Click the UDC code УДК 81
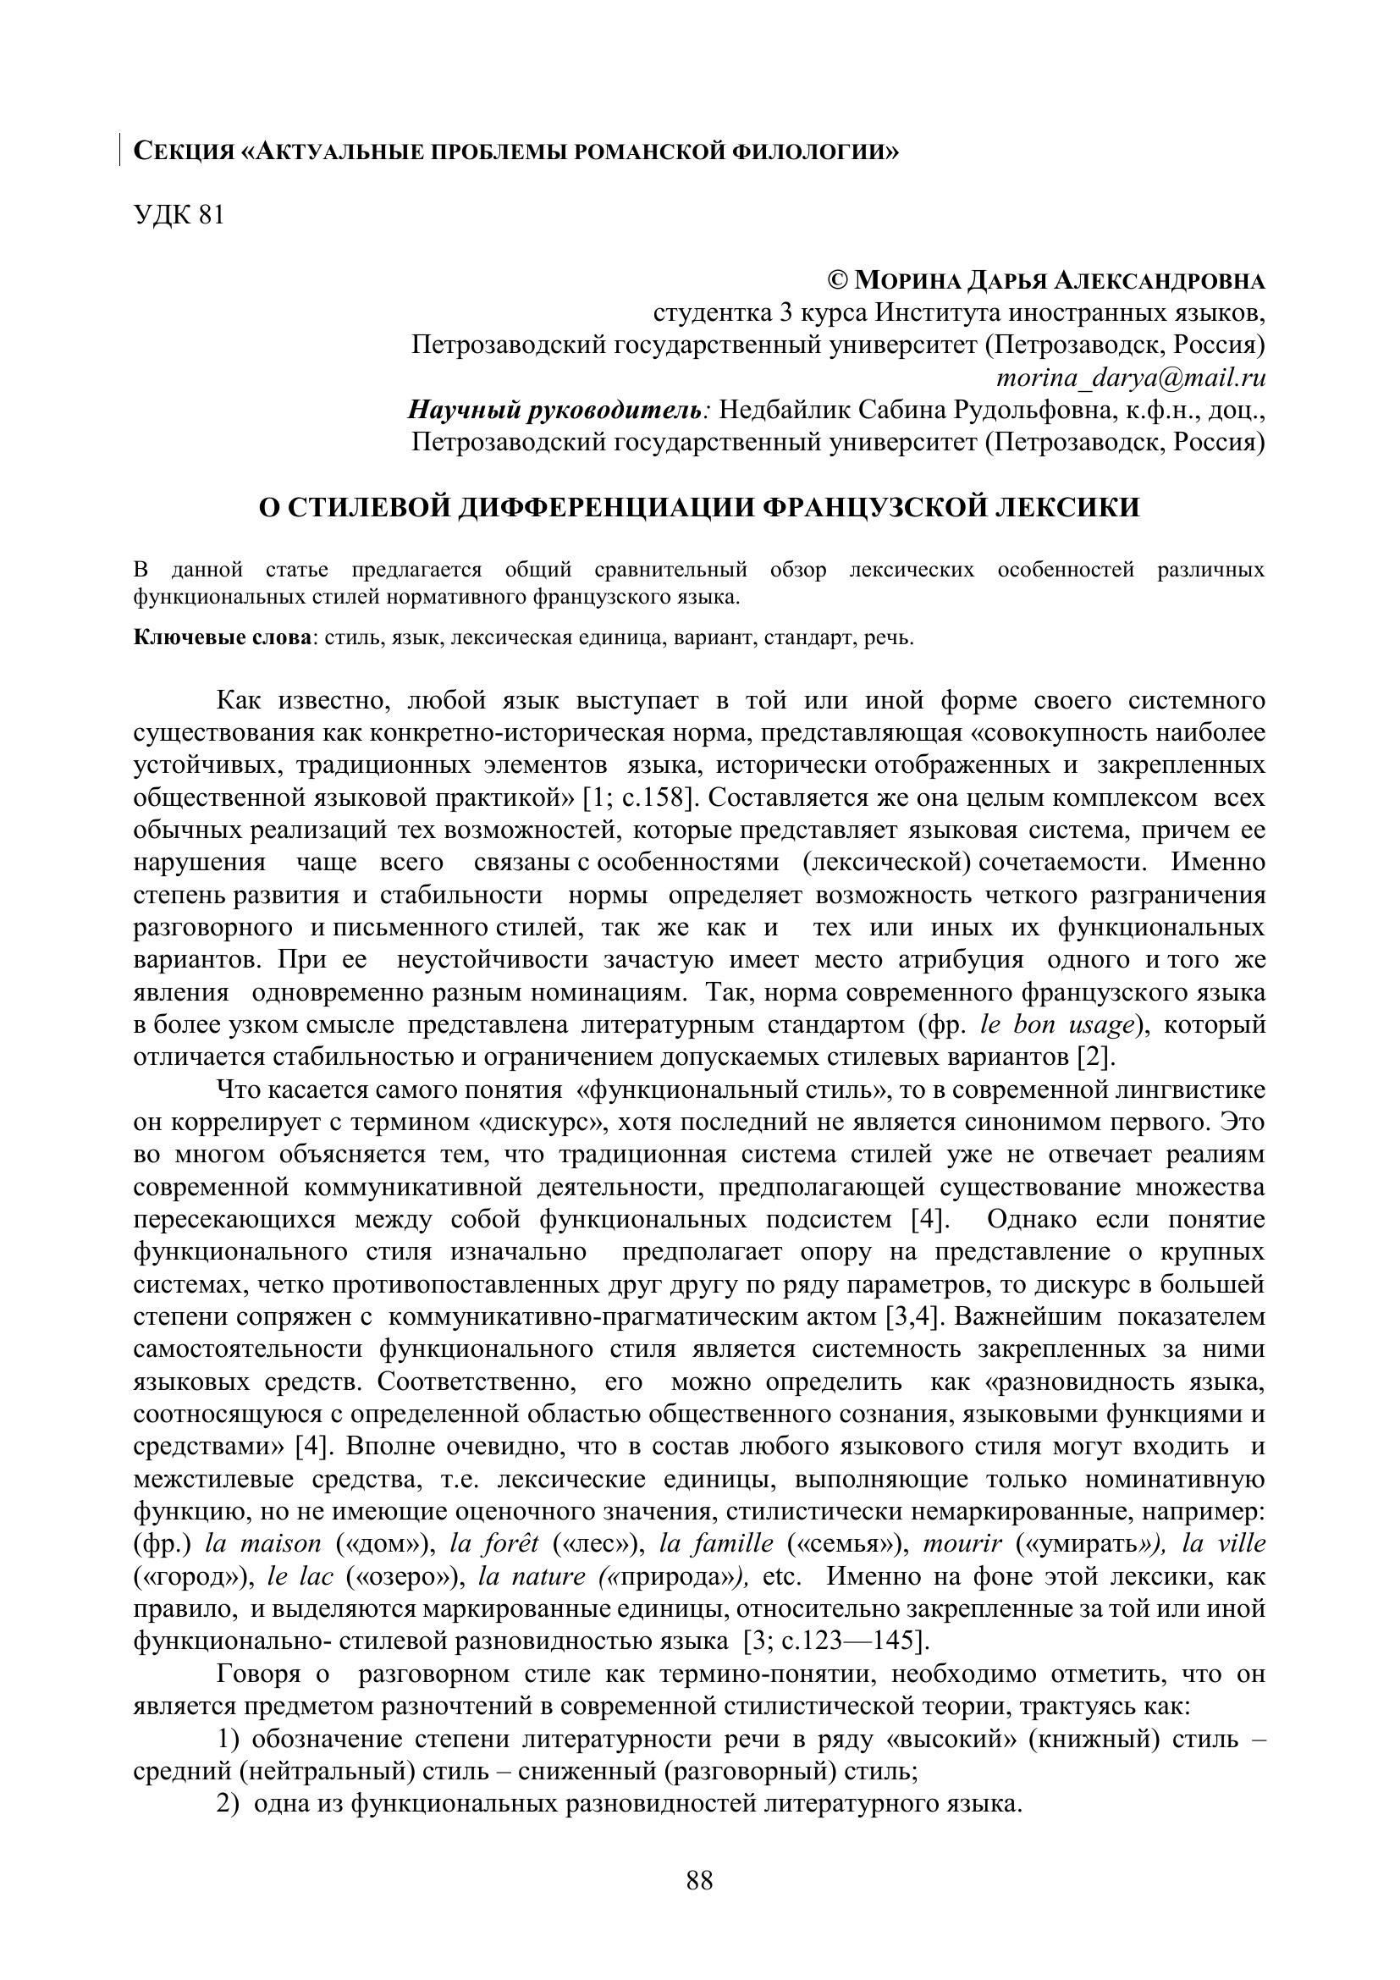tap(179, 216)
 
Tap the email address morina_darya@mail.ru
tap(1130, 378)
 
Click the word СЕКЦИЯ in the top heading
tap(184, 152)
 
